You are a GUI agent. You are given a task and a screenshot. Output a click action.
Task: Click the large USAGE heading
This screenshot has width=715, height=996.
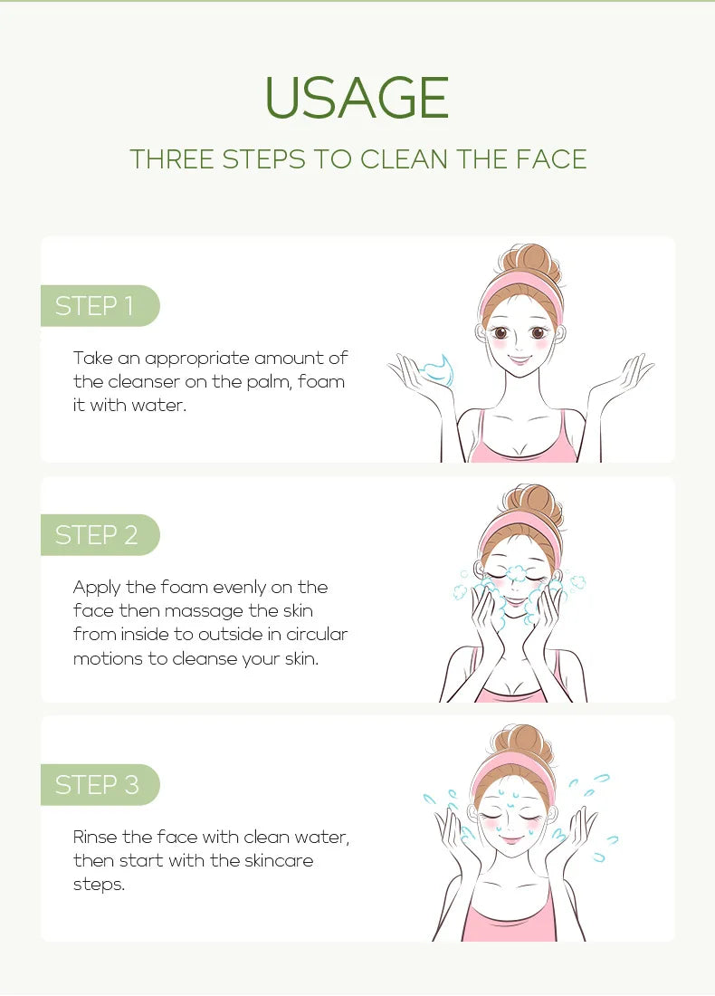[x=357, y=98]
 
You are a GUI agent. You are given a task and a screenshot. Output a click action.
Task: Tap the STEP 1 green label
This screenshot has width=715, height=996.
[x=95, y=306]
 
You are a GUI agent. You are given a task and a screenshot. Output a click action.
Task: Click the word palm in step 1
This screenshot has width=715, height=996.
[x=268, y=381]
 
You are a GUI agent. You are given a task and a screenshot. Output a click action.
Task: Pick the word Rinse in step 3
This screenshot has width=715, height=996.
[x=95, y=837]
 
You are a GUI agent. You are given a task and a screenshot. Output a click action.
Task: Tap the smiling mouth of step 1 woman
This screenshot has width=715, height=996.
[x=520, y=359]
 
